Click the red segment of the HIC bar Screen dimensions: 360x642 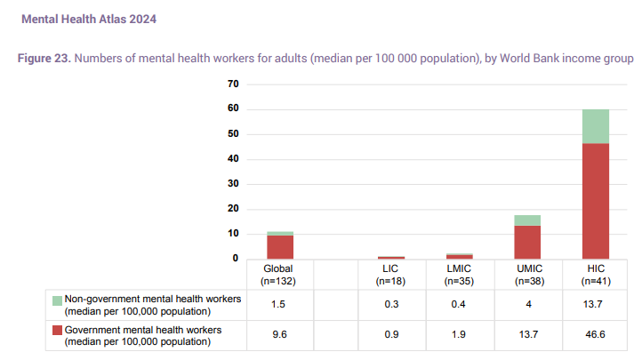(595, 200)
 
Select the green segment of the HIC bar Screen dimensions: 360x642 (595, 126)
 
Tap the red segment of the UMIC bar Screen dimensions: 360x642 (527, 242)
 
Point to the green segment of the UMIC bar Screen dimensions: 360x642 (527, 220)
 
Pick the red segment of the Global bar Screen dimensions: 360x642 (280, 246)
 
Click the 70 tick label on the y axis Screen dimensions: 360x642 (234, 84)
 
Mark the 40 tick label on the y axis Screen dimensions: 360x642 (234, 159)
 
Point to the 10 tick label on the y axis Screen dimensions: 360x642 (234, 234)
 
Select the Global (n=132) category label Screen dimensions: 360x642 (278, 274)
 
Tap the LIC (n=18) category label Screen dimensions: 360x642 (391, 274)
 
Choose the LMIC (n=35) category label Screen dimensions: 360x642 (460, 274)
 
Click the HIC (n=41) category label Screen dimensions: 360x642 (595, 274)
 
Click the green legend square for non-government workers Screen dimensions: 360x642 (57, 300)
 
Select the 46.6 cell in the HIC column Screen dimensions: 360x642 (595, 336)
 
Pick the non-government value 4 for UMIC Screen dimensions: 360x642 (527, 304)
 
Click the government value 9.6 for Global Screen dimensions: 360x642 (278, 336)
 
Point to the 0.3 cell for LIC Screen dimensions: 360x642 (391, 304)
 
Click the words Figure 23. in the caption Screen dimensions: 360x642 (45, 59)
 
